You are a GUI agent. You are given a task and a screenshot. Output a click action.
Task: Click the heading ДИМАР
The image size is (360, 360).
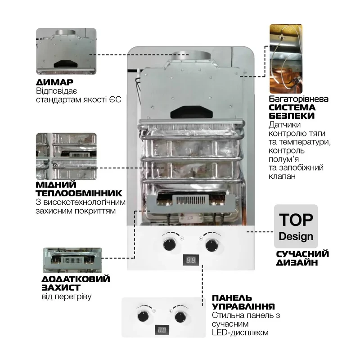tap(54, 83)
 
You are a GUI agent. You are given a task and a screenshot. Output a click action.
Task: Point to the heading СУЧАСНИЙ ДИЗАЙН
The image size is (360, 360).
tap(302, 258)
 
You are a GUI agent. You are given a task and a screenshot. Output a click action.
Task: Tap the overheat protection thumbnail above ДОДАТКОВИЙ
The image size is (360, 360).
tap(71, 260)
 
